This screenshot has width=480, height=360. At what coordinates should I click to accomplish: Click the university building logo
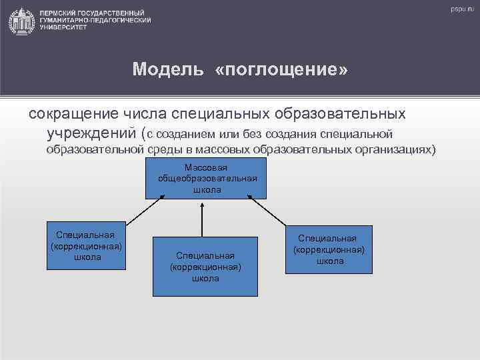pos(22,21)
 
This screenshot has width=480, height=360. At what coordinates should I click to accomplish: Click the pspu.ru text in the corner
pos(461,9)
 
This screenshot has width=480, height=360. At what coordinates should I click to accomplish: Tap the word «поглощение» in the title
pos(281,70)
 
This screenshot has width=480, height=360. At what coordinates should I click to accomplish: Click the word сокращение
pos(73,113)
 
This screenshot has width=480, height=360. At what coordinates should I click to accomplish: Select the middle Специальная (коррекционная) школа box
pos(205,267)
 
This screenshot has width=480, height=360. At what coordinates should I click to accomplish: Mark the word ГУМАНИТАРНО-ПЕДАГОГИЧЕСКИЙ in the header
pos(95,21)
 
